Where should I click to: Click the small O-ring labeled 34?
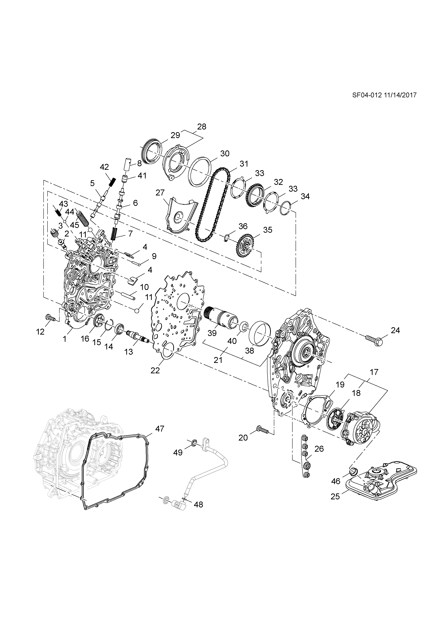(285, 209)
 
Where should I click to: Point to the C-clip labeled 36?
(227, 238)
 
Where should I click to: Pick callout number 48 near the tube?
(198, 504)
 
